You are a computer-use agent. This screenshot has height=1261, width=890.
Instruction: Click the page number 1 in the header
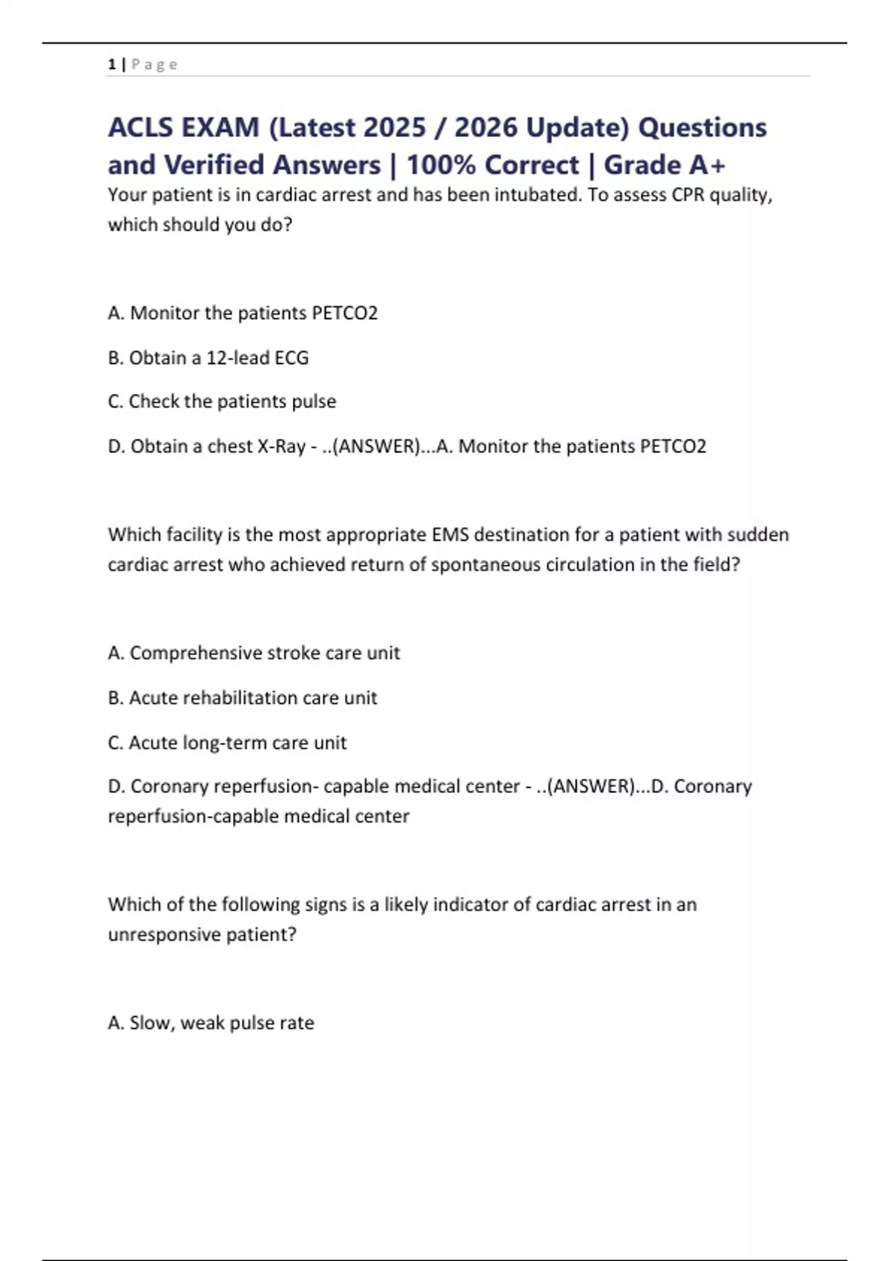point(111,65)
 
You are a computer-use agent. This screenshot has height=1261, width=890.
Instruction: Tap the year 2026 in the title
point(485,128)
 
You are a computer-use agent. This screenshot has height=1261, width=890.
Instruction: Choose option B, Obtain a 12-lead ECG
point(208,358)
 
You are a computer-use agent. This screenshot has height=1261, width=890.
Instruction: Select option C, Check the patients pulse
point(222,401)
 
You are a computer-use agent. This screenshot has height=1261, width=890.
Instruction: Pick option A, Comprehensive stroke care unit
point(254,653)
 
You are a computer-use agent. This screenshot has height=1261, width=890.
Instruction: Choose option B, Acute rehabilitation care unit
point(243,698)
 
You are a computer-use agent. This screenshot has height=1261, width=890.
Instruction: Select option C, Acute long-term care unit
point(227,743)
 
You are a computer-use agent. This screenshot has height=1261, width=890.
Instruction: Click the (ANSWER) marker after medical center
point(590,786)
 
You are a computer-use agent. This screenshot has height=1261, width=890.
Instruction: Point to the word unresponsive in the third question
point(164,935)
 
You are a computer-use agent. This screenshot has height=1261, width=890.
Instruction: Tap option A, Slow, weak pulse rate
point(211,1023)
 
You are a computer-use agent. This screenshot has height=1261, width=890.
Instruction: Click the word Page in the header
point(155,65)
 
